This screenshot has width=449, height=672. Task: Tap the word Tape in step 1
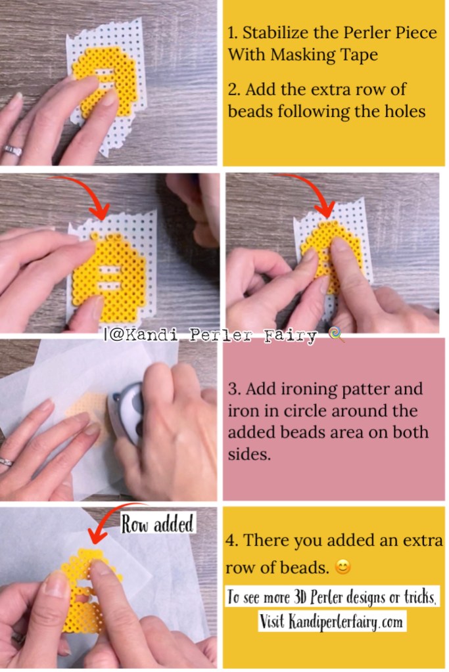pyautogui.click(x=360, y=55)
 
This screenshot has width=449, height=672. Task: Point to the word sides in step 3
pyautogui.click(x=249, y=454)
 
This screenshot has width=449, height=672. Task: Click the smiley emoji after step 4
pyautogui.click(x=343, y=568)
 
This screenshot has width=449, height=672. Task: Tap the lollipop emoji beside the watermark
pyautogui.click(x=335, y=335)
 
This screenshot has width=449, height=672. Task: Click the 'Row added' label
pyautogui.click(x=157, y=524)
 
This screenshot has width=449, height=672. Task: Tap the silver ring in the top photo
pyautogui.click(x=12, y=150)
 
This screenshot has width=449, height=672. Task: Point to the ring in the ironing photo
pyautogui.click(x=5, y=462)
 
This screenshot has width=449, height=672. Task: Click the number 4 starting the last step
pyautogui.click(x=230, y=541)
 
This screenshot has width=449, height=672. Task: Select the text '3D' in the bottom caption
pyautogui.click(x=300, y=596)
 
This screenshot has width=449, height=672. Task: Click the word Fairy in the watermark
pyautogui.click(x=291, y=336)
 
